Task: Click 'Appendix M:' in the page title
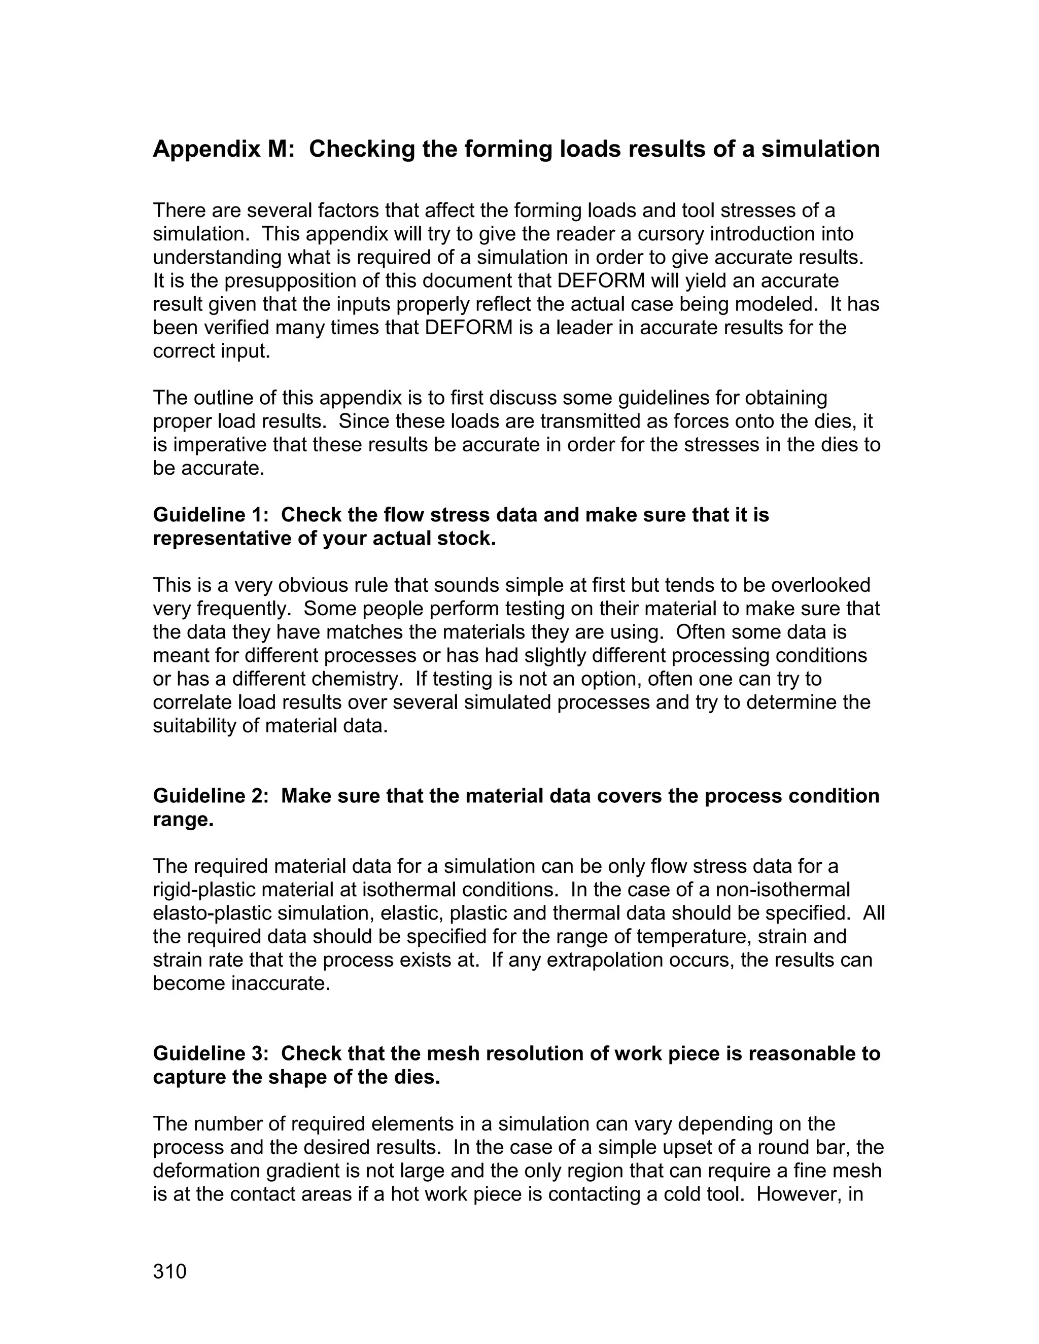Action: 224,149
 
